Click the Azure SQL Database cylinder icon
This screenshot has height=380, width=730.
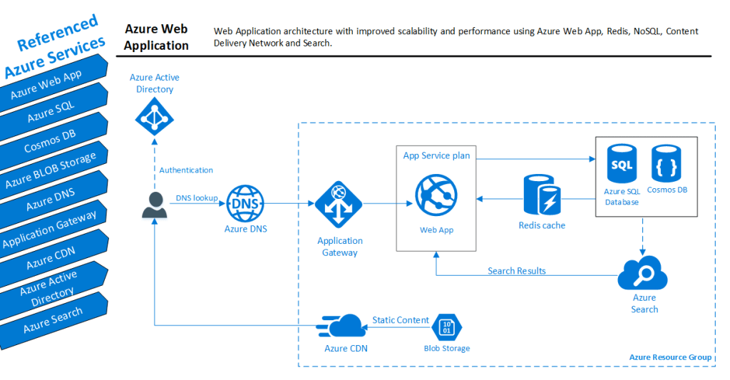coord(620,165)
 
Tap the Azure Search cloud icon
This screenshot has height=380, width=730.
coord(644,274)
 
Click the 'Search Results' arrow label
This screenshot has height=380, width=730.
coord(517,271)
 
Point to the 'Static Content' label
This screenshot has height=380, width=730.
coord(401,320)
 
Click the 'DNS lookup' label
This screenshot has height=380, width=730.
coord(197,197)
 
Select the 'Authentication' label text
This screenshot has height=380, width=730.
coord(186,170)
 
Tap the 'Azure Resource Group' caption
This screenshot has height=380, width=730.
coord(670,356)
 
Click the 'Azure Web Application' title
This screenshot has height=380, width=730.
coord(156,37)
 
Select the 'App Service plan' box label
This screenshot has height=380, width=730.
coord(436,155)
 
